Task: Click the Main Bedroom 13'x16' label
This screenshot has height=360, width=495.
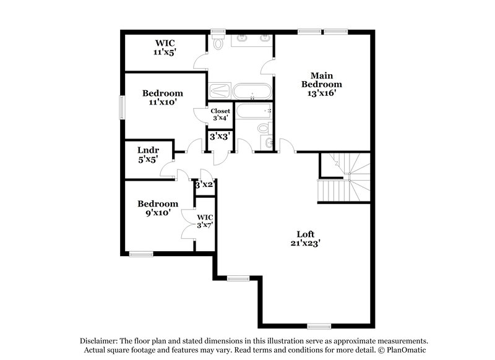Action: pos(321,84)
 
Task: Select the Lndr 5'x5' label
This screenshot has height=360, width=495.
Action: pos(148,155)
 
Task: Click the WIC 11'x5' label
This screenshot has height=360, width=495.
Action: pos(165,48)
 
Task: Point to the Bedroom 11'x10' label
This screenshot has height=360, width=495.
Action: pos(163,98)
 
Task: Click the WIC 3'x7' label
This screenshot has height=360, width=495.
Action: pos(205,221)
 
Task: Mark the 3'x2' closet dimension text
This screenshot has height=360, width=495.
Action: pos(204,184)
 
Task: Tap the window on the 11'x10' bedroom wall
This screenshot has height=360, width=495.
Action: pos(122,107)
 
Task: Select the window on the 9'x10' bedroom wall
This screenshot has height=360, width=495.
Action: pos(140,252)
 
